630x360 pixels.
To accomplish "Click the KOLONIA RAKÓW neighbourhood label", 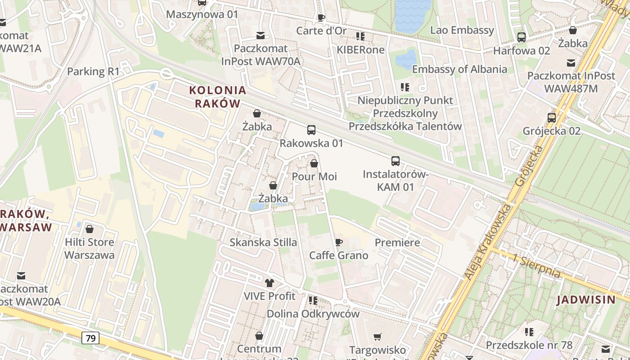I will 218,97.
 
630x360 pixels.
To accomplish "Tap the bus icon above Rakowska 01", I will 311,130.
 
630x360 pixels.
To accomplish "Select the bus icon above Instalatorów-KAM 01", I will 395,161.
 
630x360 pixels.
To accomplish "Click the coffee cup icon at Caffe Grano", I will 339,243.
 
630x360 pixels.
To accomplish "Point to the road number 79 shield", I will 90,338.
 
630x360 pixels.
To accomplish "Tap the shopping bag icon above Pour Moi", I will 314,163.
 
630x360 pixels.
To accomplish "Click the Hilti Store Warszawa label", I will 90,248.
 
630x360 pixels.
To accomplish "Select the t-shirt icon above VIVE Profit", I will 270,283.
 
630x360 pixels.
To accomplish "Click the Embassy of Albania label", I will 459,69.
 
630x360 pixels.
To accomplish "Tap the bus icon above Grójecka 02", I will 551,118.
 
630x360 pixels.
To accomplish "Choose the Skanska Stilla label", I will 263,243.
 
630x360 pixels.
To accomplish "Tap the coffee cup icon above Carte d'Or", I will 321,18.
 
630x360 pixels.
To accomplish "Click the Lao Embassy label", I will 462,31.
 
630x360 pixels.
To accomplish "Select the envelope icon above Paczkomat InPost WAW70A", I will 261,36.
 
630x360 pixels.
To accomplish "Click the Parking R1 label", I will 94,72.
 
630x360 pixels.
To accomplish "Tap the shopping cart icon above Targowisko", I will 377,337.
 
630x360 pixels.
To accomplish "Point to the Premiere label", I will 397,243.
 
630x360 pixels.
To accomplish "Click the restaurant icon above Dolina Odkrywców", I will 313,300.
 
